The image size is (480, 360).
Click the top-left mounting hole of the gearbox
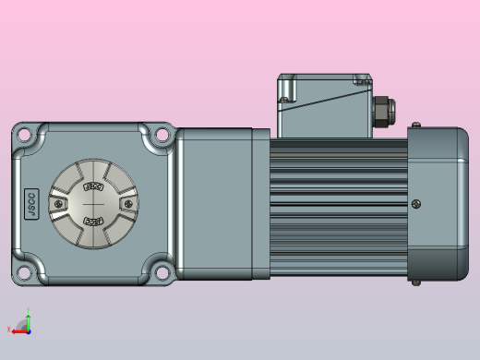(23, 136)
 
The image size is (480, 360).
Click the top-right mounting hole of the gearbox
(163, 136)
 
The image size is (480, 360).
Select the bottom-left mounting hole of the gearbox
(23, 272)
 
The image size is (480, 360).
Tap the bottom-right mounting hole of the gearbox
(163, 272)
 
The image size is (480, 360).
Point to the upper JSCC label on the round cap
(92, 186)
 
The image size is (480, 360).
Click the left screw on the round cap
(60, 203)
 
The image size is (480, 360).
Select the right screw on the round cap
(126, 203)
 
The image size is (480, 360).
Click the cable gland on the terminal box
(381, 110)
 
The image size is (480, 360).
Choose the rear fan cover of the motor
(438, 203)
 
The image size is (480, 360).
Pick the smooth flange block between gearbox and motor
(222, 203)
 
